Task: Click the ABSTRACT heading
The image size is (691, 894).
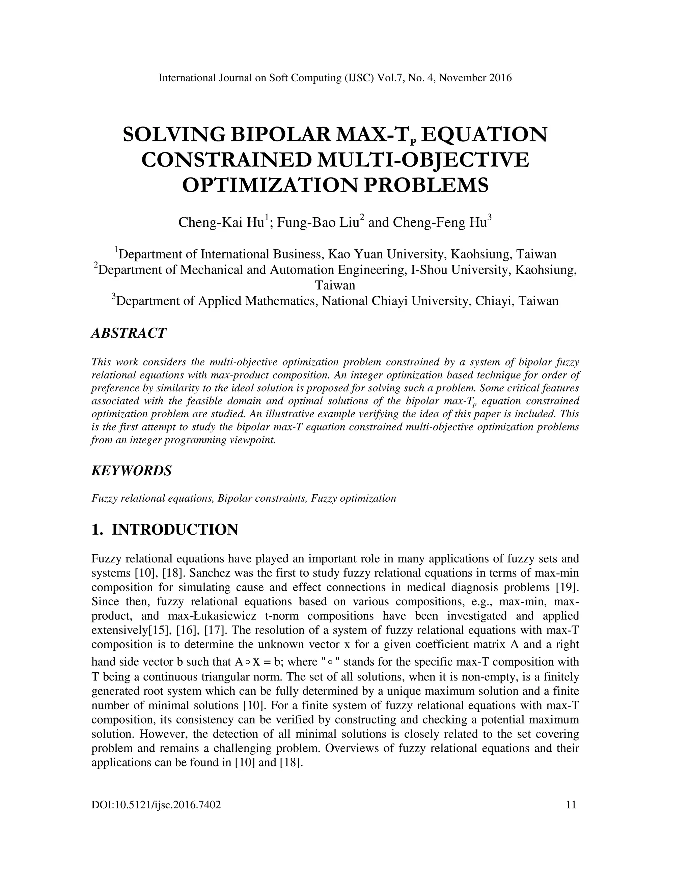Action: point(129,333)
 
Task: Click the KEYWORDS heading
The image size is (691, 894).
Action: point(131,471)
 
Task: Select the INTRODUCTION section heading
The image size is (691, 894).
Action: point(175,530)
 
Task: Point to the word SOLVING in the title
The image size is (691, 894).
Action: point(172,135)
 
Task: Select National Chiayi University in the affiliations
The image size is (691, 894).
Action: point(393,301)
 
